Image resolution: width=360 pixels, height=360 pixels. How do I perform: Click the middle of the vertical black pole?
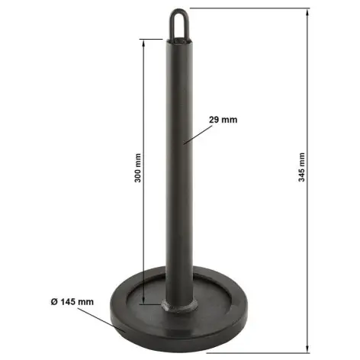click(x=179, y=168)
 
